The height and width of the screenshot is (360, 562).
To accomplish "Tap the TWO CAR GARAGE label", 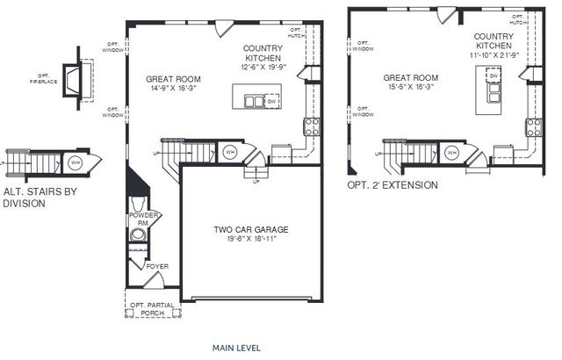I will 251,230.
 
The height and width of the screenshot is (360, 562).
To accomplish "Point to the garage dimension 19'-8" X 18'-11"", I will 251,240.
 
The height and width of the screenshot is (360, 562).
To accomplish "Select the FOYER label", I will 158,266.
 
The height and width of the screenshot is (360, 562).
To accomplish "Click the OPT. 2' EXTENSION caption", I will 392,186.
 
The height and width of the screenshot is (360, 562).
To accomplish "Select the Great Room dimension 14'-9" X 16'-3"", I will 174,89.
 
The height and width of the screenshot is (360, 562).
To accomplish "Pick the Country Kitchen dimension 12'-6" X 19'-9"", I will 262,66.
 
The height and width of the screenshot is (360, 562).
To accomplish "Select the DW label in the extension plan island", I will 494,77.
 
